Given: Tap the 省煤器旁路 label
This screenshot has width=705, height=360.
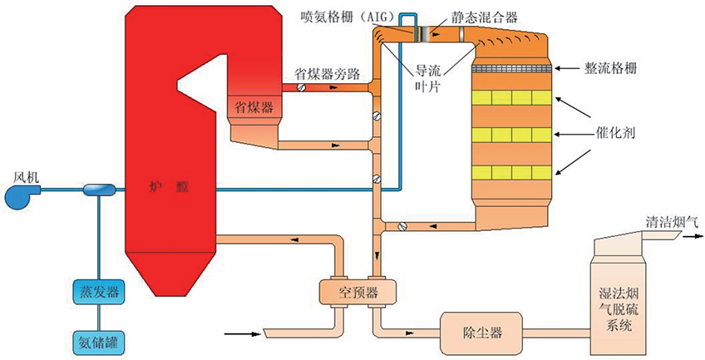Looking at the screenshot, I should [328, 73].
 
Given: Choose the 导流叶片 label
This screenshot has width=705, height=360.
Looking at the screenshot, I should [433, 80].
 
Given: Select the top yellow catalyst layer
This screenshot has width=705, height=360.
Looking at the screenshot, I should [512, 98].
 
